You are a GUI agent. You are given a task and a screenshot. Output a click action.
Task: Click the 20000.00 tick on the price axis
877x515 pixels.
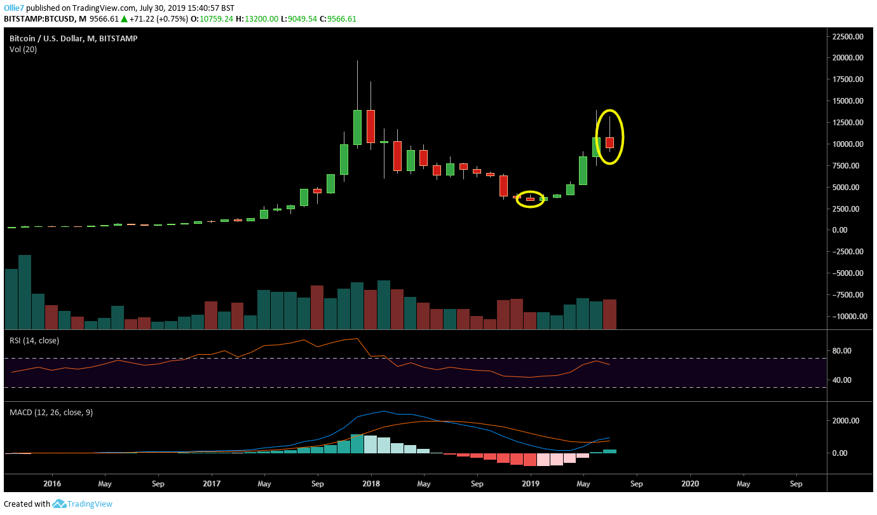pos(850,58)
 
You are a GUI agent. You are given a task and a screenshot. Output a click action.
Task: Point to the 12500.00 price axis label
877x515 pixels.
pos(850,122)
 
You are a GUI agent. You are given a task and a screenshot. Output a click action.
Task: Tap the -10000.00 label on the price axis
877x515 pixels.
pos(848,316)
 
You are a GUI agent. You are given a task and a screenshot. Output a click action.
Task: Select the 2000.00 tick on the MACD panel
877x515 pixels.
pos(843,421)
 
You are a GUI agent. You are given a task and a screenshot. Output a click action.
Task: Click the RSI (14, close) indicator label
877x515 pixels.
pos(34,341)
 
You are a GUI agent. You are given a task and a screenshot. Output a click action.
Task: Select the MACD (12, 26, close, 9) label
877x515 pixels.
pos(51,413)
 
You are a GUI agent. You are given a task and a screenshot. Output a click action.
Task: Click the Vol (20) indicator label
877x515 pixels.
pos(23,50)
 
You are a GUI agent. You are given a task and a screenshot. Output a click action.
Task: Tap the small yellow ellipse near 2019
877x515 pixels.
pos(530,199)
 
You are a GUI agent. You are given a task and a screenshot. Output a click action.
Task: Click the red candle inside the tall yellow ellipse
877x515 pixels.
pos(609,143)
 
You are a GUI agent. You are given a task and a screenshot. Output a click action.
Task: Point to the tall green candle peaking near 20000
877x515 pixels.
pos(357,127)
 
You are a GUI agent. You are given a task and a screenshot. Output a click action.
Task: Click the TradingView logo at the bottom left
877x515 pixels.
pos(83,504)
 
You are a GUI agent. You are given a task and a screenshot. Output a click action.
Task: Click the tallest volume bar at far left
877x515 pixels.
pos(25,292)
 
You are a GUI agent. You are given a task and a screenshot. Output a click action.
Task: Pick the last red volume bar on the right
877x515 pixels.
pos(609,314)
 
